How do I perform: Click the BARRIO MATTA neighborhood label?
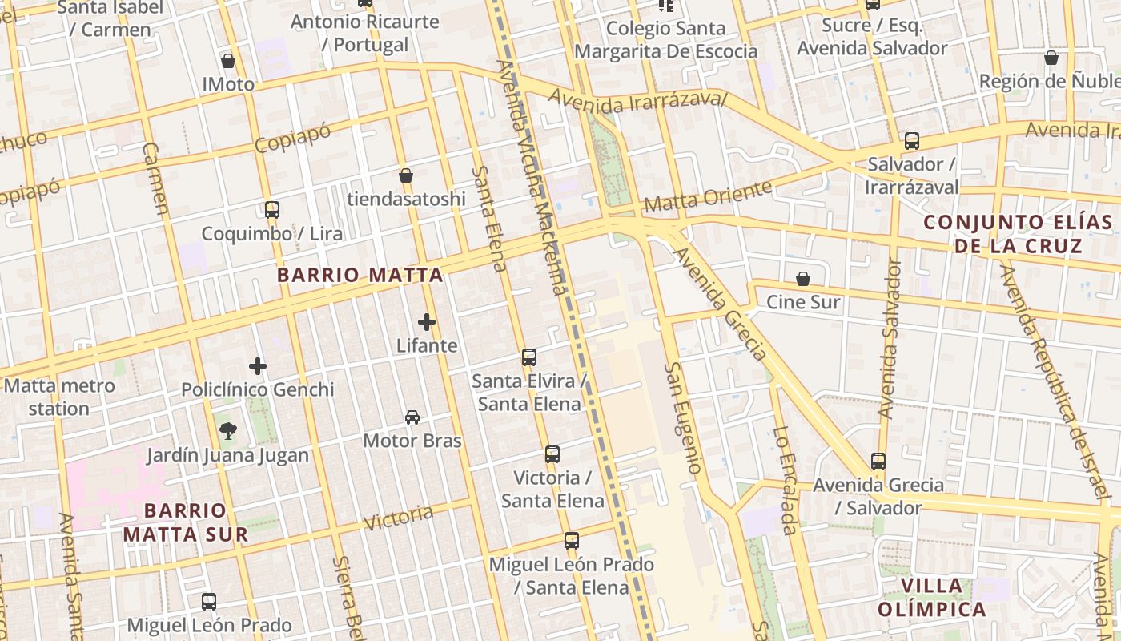(x=360, y=275)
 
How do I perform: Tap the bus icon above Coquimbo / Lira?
(x=272, y=210)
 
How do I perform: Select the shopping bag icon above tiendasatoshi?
(x=406, y=175)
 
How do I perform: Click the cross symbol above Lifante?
(x=427, y=322)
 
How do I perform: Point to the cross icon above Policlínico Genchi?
(x=257, y=366)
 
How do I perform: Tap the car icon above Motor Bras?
(x=412, y=417)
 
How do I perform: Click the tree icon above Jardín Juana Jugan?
(x=227, y=432)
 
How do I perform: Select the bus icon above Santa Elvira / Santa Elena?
(x=528, y=357)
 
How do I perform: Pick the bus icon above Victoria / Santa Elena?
(x=552, y=454)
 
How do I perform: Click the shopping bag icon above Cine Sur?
(x=803, y=279)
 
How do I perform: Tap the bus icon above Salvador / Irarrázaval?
(x=911, y=141)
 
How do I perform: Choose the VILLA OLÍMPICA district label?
(x=931, y=597)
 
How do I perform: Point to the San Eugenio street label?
(x=685, y=417)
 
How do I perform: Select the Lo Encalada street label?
(x=785, y=480)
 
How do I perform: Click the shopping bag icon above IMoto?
(x=228, y=61)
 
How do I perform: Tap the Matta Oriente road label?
(x=708, y=196)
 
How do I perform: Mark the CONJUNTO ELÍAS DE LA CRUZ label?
(x=1018, y=233)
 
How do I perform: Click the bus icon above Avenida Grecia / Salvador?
(x=878, y=462)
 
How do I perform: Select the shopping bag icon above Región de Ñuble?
(x=1051, y=58)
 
